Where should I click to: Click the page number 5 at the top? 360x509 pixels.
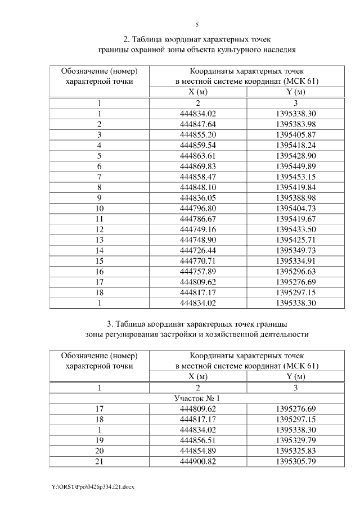pyautogui.click(x=197, y=25)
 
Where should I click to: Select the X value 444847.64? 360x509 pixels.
pyautogui.click(x=197, y=124)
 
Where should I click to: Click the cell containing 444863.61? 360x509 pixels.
pyautogui.click(x=197, y=155)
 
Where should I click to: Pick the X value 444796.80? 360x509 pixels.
pyautogui.click(x=197, y=208)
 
